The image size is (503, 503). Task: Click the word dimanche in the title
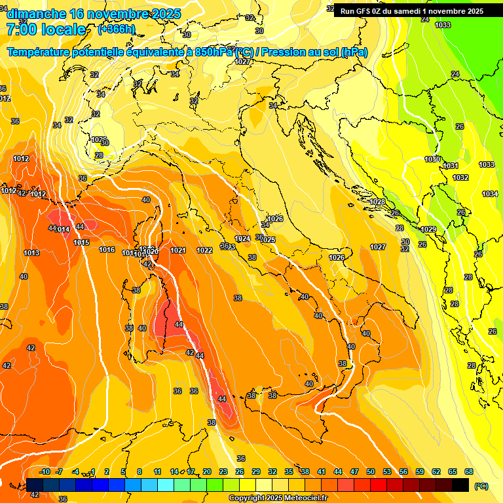pyautogui.click(x=35, y=14)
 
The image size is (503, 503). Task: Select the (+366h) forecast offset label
pyautogui.click(x=116, y=29)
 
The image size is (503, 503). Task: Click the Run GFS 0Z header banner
pyautogui.click(x=411, y=10)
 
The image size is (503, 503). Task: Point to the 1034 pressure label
pyautogui.click(x=490, y=194)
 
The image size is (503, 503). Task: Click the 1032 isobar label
pyautogui.click(x=460, y=177)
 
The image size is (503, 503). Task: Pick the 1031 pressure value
pyautogui.click(x=451, y=166)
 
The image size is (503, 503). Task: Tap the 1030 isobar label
pyautogui.click(x=432, y=159)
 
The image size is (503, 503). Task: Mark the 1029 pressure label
pyautogui.click(x=428, y=229)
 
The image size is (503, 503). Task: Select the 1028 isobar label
pyautogui.click(x=377, y=202)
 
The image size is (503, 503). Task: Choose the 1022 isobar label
pyautogui.click(x=204, y=250)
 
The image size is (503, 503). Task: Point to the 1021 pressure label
pyautogui.click(x=177, y=250)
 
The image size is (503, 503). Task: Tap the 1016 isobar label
pyautogui.click(x=107, y=250)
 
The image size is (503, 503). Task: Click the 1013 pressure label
pyautogui.click(x=31, y=253)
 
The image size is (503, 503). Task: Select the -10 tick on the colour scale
pyautogui.click(x=45, y=472)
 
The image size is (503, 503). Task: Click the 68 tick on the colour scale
pyautogui.click(x=469, y=472)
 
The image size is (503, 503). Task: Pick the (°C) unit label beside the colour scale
pyautogui.click(x=481, y=486)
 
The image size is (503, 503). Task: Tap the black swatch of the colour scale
pyautogui.click(x=460, y=485)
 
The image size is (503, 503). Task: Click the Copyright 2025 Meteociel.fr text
pyautogui.click(x=278, y=498)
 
